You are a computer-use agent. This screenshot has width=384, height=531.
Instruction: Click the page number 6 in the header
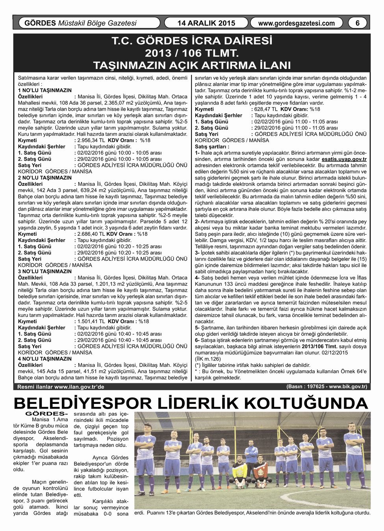pyautogui.click(x=357, y=23)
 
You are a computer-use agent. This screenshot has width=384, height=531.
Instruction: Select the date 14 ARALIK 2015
pyautogui.click(x=206, y=23)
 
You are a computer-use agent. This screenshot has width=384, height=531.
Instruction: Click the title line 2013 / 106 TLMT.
pyautogui.click(x=192, y=53)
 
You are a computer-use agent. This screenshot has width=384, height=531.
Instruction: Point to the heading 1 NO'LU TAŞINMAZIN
pyautogui.click(x=45, y=90)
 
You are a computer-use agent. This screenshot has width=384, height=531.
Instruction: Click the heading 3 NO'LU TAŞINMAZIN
pyautogui.click(x=45, y=271)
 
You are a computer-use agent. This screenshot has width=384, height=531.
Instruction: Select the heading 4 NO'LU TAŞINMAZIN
pyautogui.click(x=45, y=359)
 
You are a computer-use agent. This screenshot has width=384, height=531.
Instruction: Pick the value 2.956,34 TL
pyautogui.click(x=91, y=140)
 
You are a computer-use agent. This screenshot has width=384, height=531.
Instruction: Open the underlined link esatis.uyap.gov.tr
pyautogui.click(x=344, y=159)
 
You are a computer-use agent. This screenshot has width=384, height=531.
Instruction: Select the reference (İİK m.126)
pyautogui.click(x=208, y=359)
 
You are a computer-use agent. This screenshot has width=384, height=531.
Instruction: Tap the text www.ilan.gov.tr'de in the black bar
pyautogui.click(x=79, y=387)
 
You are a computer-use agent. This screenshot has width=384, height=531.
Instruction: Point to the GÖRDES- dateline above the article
pyautogui.click(x=46, y=414)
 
